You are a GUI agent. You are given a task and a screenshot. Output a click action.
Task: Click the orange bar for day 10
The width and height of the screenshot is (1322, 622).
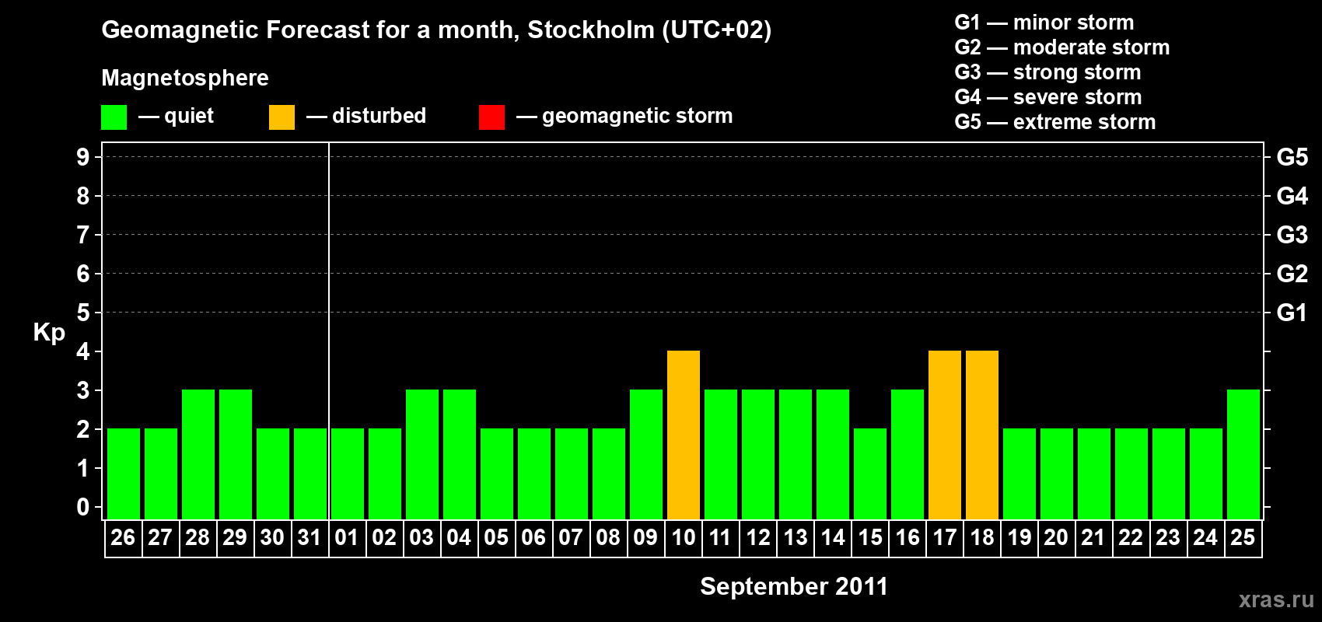pyautogui.click(x=684, y=435)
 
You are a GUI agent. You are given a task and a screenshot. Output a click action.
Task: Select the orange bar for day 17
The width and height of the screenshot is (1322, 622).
pyautogui.click(x=945, y=435)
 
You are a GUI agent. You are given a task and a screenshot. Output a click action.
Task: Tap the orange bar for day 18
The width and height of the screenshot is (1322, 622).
pyautogui.click(x=982, y=435)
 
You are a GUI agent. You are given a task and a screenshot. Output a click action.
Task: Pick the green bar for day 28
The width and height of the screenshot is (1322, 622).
pyautogui.click(x=198, y=454)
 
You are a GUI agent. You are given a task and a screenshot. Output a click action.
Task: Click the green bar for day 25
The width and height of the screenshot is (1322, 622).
pyautogui.click(x=1243, y=454)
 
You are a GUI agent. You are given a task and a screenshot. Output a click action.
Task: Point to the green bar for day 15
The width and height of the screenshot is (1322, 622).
pyautogui.click(x=870, y=473)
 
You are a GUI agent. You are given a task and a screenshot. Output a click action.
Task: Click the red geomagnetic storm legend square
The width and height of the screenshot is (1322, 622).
pyautogui.click(x=491, y=117)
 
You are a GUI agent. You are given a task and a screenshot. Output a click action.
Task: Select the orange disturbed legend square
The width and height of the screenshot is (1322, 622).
pyautogui.click(x=282, y=117)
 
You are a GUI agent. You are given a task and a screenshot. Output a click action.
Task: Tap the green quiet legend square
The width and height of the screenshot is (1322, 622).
pyautogui.click(x=114, y=117)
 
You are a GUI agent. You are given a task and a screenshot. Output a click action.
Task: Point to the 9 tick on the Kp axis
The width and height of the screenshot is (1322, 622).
pyautogui.click(x=83, y=157)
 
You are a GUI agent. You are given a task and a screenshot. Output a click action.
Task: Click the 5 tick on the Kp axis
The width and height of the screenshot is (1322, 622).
pyautogui.click(x=83, y=313)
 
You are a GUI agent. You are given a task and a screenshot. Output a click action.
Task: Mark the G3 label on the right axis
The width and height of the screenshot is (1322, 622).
pyautogui.click(x=1292, y=235)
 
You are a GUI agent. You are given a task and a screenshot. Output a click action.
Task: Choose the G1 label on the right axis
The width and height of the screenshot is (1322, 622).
pyautogui.click(x=1292, y=313)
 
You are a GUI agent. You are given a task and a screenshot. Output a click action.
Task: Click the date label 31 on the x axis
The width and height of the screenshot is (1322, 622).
pyautogui.click(x=310, y=538)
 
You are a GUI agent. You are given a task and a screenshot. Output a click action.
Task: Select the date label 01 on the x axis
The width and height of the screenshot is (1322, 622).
pyautogui.click(x=347, y=538)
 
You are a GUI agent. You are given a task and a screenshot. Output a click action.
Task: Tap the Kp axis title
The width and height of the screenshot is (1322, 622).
pyautogui.click(x=49, y=333)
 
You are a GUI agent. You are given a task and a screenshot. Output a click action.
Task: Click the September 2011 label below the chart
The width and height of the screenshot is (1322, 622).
pyautogui.click(x=793, y=586)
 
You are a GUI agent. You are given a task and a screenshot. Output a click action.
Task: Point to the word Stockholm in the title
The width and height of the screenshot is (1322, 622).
pyautogui.click(x=591, y=30)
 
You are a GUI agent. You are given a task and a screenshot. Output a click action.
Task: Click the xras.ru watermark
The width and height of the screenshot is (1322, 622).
pyautogui.click(x=1276, y=599)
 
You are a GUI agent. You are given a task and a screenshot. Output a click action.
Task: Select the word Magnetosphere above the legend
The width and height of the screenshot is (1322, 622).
pyautogui.click(x=185, y=78)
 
